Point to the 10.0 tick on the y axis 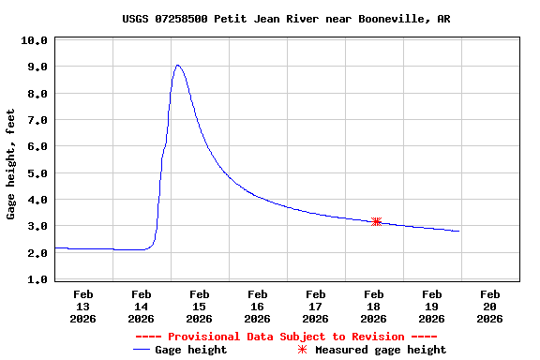pyautogui.click(x=34, y=40)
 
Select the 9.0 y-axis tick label pyautogui.click(x=34, y=67)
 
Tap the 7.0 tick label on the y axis pyautogui.click(x=34, y=120)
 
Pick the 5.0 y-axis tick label pyautogui.click(x=34, y=173)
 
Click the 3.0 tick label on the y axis pyautogui.click(x=34, y=226)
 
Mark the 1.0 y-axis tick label pyautogui.click(x=34, y=279)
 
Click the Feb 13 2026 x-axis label pyautogui.click(x=83, y=307)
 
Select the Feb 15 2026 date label pyautogui.click(x=200, y=307)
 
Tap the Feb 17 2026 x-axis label pyautogui.click(x=316, y=307)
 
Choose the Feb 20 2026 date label pyautogui.click(x=489, y=307)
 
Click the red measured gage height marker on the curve pyautogui.click(x=376, y=221)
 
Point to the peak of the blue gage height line pyautogui.click(x=177, y=66)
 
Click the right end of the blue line pyautogui.click(x=458, y=231)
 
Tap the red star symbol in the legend pyautogui.click(x=302, y=350)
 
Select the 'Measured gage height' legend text pyautogui.click(x=381, y=350)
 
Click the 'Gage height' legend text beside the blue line pyautogui.click(x=191, y=350)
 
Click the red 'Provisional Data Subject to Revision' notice pyautogui.click(x=286, y=337)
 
